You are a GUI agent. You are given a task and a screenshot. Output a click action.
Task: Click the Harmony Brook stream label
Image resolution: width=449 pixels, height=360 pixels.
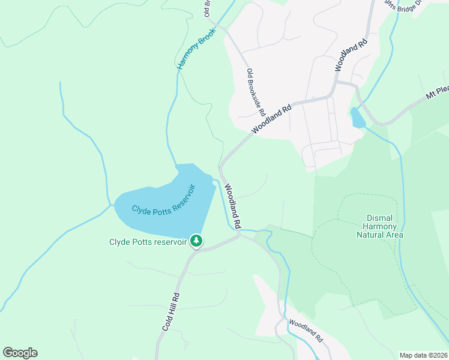click(196, 49)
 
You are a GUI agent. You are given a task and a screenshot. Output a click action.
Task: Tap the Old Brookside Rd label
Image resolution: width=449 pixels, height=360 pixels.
click(256, 92)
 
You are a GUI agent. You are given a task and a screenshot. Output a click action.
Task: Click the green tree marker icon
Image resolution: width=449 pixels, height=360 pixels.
click(196, 241)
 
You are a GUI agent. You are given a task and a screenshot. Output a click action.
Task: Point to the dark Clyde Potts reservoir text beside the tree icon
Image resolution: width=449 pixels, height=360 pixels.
click(148, 242)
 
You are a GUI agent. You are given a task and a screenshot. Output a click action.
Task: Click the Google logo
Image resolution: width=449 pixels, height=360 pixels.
click(20, 353)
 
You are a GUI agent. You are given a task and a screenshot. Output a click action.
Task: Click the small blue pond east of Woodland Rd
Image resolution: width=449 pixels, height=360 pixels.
click(358, 118)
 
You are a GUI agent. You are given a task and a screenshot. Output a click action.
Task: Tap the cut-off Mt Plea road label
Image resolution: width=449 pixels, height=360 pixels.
click(437, 94)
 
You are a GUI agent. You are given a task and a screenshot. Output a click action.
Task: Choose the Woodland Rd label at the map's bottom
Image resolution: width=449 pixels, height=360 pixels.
click(306, 330)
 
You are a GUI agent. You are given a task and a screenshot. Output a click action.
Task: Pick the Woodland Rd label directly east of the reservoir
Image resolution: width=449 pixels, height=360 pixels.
click(233, 205)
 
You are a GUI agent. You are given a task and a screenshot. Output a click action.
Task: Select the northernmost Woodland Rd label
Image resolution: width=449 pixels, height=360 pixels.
click(351, 56)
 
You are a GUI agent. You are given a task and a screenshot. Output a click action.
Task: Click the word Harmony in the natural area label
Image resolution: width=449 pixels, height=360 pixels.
click(380, 226)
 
